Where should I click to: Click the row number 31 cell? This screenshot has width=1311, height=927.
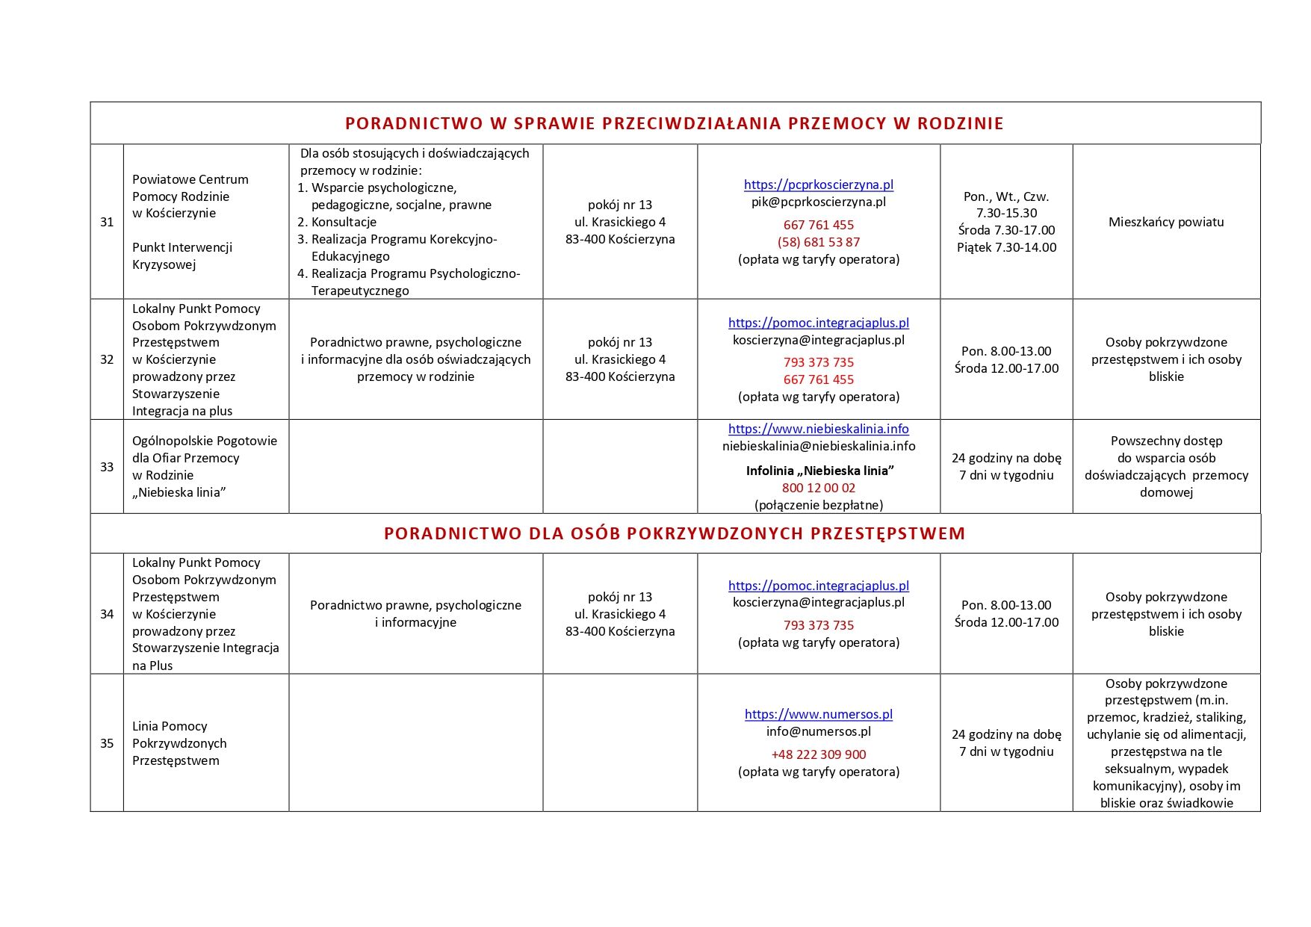[x=107, y=222]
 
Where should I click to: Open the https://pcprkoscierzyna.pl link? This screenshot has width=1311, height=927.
[x=818, y=185]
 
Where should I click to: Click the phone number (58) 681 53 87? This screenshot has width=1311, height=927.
[x=818, y=242]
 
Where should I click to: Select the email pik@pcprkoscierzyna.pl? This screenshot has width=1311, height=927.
[x=818, y=202]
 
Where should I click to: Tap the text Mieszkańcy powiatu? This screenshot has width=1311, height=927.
[x=1165, y=222]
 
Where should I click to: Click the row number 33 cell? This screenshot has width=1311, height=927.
[x=107, y=467]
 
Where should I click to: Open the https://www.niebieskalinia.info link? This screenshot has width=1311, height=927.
[x=818, y=429]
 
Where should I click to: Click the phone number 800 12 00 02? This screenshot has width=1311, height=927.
[x=818, y=488]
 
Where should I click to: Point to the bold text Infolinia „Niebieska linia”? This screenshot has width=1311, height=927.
[x=819, y=471]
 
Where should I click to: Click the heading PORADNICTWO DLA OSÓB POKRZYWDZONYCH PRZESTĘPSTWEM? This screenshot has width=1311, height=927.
[x=674, y=533]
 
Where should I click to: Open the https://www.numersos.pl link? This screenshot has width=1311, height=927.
[x=818, y=714]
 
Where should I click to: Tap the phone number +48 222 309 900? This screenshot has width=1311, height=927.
[x=818, y=754]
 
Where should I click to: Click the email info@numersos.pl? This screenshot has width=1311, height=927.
[x=818, y=731]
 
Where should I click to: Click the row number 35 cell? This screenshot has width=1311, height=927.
[x=107, y=743]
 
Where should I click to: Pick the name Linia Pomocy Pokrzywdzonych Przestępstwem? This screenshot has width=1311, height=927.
[x=179, y=743]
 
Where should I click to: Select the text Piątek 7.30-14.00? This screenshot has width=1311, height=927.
[x=1006, y=247]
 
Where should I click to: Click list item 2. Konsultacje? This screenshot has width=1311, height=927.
[x=337, y=222]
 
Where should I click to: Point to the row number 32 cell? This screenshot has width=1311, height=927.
[x=107, y=359]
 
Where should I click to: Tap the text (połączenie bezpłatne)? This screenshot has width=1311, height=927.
[x=818, y=505]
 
